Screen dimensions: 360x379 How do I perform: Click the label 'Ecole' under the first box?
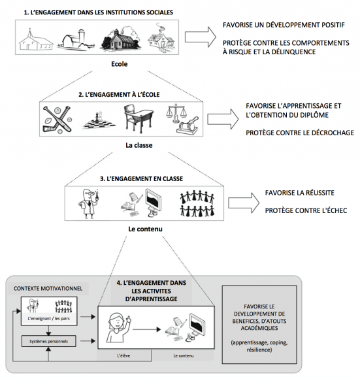(x=120, y=64)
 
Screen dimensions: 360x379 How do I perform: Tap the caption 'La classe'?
(x=139, y=145)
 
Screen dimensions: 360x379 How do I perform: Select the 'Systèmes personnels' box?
(x=48, y=341)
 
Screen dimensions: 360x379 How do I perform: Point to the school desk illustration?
(x=138, y=119)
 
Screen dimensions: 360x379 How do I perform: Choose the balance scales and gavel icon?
(x=182, y=119)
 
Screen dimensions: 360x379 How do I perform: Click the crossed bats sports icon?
(x=57, y=120)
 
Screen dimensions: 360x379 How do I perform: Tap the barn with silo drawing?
(x=76, y=39)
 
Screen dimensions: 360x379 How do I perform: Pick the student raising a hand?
(x=118, y=328)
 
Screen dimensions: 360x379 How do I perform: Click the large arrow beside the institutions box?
(x=201, y=37)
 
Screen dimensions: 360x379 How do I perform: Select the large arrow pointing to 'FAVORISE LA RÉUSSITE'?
(x=244, y=203)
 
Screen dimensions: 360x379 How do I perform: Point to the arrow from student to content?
(x=146, y=329)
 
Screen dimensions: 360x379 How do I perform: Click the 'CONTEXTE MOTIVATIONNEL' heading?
(x=48, y=289)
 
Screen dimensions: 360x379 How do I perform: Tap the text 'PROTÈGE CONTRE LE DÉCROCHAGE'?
(x=300, y=133)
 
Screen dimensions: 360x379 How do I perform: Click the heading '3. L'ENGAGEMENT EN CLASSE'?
(x=142, y=178)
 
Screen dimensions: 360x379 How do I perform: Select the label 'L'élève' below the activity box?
(x=123, y=355)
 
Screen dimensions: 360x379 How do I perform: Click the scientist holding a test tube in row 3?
(x=89, y=203)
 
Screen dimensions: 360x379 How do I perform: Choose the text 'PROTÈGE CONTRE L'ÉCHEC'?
(x=306, y=210)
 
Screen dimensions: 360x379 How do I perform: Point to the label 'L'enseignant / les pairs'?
(x=48, y=319)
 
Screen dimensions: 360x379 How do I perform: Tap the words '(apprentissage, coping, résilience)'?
(x=259, y=346)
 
